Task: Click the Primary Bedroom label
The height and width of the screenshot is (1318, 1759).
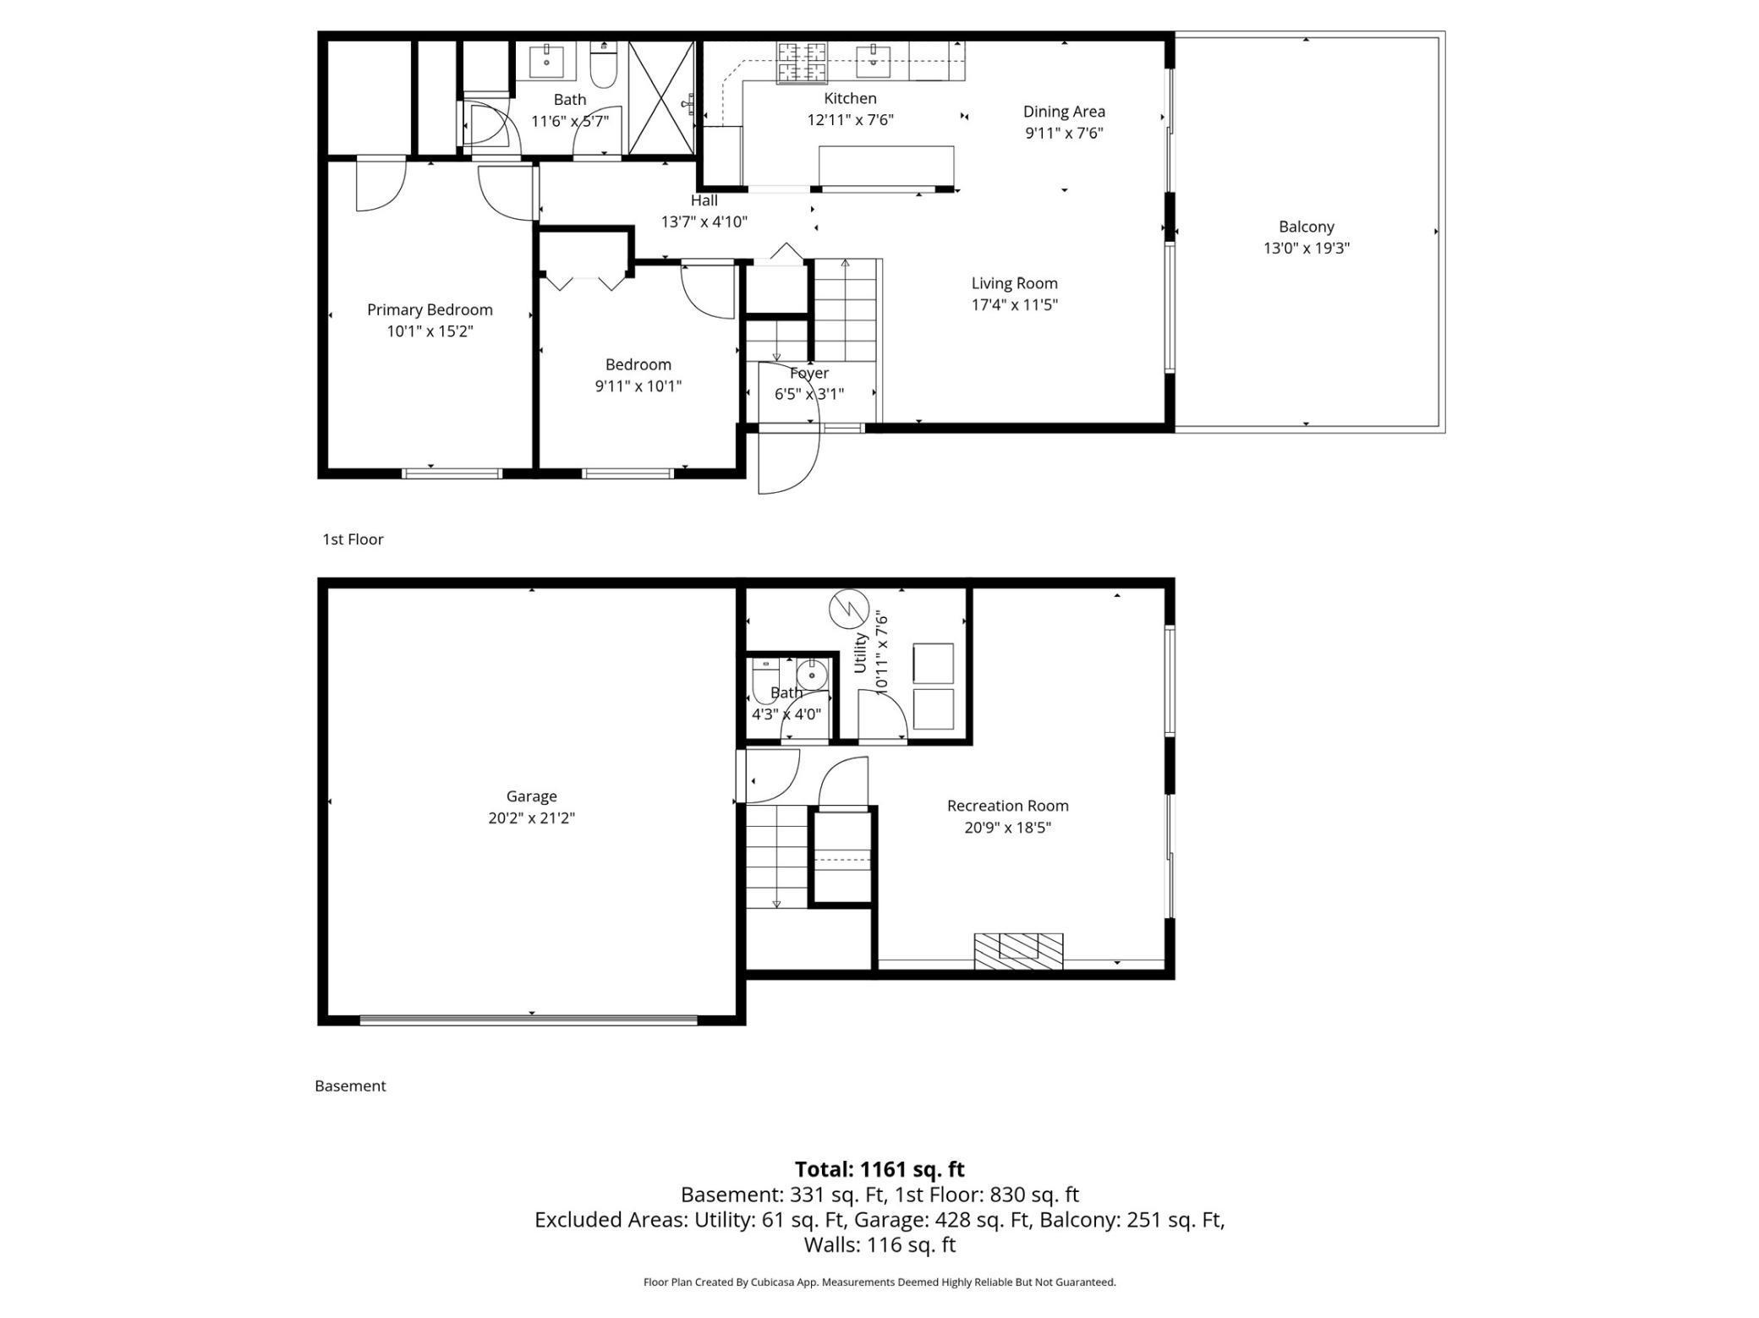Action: [430, 309]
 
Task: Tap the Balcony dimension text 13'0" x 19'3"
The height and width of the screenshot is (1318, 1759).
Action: [1306, 249]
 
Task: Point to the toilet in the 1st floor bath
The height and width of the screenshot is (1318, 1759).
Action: [602, 66]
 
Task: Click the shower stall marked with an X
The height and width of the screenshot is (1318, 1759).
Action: [660, 98]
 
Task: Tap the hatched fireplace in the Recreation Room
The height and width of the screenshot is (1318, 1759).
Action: [1018, 950]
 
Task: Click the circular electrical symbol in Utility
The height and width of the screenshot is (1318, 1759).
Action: [849, 609]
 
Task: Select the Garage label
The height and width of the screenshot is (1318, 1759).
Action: [531, 796]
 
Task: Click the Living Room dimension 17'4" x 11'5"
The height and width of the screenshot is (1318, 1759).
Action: [1014, 305]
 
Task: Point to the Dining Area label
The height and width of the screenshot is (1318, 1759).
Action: [1064, 111]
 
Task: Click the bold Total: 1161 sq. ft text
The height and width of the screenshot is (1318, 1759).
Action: [879, 1169]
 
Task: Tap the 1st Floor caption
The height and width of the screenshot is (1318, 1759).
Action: [353, 539]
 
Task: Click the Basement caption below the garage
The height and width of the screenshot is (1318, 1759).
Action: [350, 1086]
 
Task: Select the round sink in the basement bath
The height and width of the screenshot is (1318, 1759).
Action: [812, 675]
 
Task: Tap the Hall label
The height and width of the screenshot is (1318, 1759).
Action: [704, 200]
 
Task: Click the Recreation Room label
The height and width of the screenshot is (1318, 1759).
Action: [1007, 806]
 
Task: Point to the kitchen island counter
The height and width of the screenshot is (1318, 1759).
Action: [885, 164]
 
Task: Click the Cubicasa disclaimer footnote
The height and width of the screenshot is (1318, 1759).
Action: [879, 1282]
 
